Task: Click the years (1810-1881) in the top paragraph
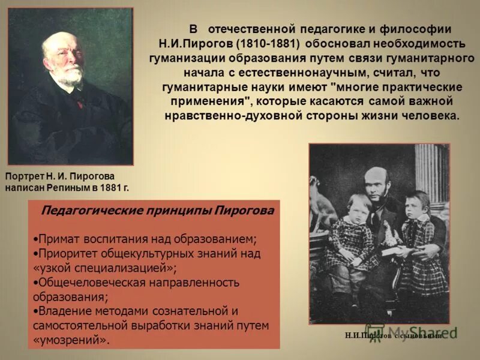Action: (x=269, y=44)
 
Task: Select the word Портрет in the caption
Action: (x=23, y=176)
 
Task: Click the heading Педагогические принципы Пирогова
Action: (x=157, y=211)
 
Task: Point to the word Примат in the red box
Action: (x=57, y=239)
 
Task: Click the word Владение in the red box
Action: (x=62, y=311)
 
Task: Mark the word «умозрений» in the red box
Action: (x=71, y=340)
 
